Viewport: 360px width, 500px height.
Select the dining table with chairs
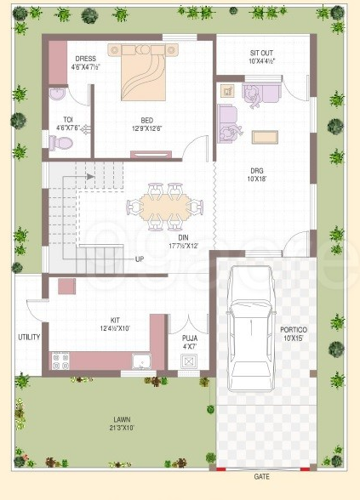click(163, 206)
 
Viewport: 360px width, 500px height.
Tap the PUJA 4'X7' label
click(189, 342)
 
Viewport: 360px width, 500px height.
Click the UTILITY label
click(29, 337)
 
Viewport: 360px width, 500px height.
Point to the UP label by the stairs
click(138, 258)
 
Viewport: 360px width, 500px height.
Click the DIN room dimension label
click(179, 241)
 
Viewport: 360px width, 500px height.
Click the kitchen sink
click(138, 364)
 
